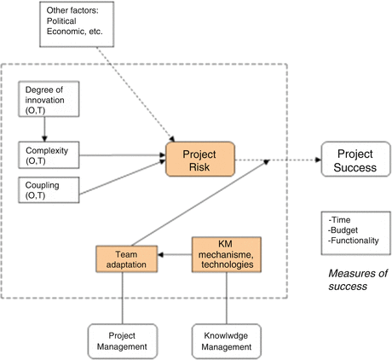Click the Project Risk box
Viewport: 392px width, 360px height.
(200, 160)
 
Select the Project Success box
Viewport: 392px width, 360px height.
(356, 160)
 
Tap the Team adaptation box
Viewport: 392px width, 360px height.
(126, 259)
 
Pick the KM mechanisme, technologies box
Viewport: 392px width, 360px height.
(227, 254)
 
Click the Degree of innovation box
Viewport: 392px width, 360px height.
(49, 99)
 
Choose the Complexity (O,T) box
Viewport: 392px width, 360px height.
(49, 155)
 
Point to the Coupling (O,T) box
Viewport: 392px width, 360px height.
(49, 190)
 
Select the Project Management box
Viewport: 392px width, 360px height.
(123, 341)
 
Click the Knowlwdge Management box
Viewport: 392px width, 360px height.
(227, 341)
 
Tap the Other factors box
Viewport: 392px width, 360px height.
(77, 24)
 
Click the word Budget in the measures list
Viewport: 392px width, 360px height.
(344, 230)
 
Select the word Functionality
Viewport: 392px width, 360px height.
(355, 241)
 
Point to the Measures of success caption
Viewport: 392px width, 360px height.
(358, 280)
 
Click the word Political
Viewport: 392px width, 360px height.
(61, 21)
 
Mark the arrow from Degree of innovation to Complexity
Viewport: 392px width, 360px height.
(44, 129)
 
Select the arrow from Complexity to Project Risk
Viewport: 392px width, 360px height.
(123, 155)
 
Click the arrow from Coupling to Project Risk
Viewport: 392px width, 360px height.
(123, 177)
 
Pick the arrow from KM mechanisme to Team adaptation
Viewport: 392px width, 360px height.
(175, 255)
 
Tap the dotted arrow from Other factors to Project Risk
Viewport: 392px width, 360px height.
(135, 94)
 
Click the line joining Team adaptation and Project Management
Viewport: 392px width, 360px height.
(123, 298)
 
